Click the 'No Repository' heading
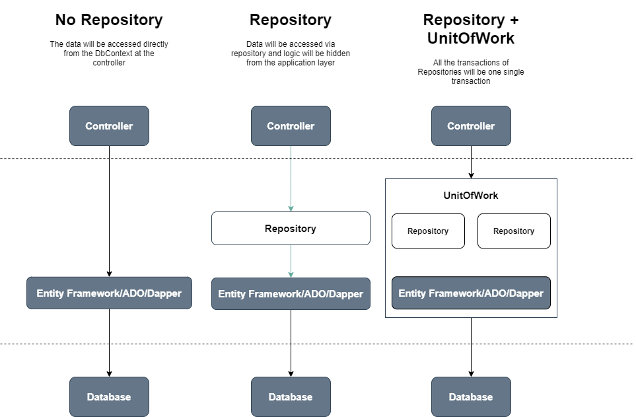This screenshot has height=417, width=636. click(109, 20)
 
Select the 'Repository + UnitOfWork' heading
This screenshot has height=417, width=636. click(470, 28)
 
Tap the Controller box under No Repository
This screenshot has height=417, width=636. click(109, 126)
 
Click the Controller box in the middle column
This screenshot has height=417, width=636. click(291, 126)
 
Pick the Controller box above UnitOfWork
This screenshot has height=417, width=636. click(471, 126)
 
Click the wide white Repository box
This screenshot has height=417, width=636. click(291, 229)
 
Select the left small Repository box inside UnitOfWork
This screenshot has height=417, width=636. click(428, 231)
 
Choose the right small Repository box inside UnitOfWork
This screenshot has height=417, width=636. click(514, 231)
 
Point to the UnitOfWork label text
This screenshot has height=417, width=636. click(471, 196)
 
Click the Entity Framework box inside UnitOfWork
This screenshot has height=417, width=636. click(471, 293)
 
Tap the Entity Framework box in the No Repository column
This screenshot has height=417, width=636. click(109, 293)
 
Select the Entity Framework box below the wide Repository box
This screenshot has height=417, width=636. click(291, 294)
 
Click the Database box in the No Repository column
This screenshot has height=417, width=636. click(109, 397)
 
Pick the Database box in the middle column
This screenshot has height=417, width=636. click(291, 397)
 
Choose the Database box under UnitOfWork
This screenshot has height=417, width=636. click(471, 397)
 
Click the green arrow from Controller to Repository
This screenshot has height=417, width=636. click(291, 178)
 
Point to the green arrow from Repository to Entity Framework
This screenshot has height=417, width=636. click(291, 262)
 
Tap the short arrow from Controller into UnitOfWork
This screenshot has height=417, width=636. click(471, 162)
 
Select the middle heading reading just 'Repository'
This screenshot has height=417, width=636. click(291, 20)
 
